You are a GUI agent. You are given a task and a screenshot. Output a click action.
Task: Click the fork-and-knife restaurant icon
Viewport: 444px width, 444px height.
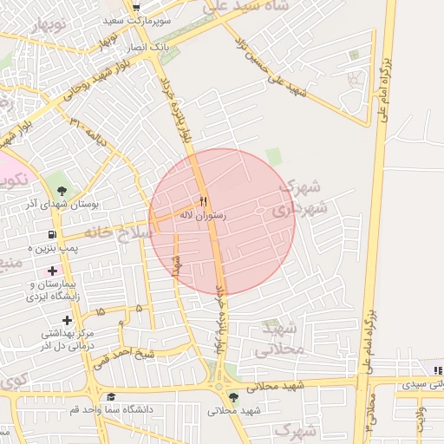click(x=204, y=200)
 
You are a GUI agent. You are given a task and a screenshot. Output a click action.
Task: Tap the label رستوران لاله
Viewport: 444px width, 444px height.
click(x=203, y=213)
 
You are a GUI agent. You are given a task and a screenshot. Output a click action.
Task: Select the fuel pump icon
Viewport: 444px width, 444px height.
click(x=54, y=234)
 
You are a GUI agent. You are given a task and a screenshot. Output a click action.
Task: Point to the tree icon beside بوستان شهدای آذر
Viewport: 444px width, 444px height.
click(x=62, y=191)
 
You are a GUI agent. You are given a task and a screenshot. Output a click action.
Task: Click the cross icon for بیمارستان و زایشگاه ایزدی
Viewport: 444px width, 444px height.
click(x=53, y=271)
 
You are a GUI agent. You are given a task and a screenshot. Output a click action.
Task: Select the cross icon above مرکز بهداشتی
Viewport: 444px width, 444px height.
click(x=66, y=320)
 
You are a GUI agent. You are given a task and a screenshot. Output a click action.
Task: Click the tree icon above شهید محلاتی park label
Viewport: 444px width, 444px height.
click(x=232, y=397)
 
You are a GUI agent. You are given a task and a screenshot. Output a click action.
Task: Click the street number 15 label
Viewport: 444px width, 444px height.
click(x=101, y=310)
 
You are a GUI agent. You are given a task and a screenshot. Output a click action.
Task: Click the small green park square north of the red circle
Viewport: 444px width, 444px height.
click(x=274, y=157)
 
